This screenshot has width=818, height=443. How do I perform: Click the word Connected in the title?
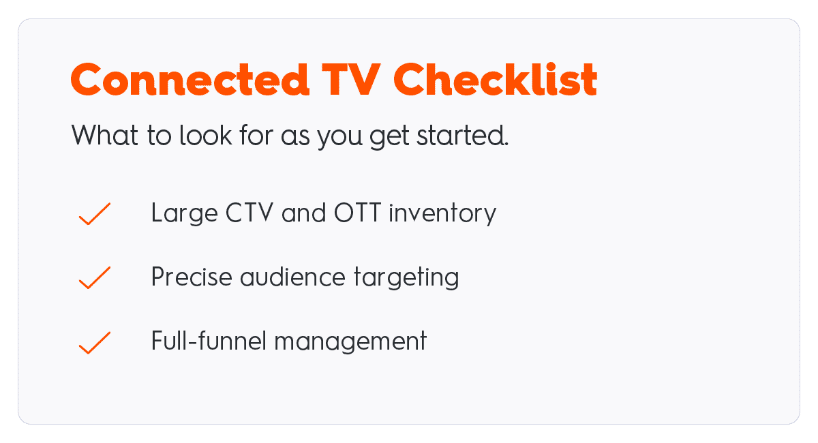click(190, 79)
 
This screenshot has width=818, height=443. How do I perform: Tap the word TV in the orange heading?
click(351, 79)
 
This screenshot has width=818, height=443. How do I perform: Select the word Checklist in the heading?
click(495, 79)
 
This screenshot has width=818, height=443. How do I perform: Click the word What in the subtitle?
click(104, 135)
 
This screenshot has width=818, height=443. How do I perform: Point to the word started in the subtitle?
click(462, 135)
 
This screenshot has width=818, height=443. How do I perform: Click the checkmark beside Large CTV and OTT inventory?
click(95, 213)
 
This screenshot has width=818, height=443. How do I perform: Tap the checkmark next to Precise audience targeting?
click(95, 277)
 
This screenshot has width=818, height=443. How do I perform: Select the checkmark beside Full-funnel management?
click(95, 343)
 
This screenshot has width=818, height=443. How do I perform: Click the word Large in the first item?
click(185, 213)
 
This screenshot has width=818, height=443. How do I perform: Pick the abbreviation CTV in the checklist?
click(249, 212)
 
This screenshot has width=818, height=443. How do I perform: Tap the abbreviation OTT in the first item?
click(357, 212)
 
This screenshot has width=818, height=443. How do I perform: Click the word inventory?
click(442, 213)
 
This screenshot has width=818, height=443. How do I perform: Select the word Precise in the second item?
click(192, 277)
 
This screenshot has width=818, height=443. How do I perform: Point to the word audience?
click(292, 277)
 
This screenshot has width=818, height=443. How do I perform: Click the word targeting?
click(406, 278)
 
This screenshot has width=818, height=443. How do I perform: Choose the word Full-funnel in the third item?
click(209, 340)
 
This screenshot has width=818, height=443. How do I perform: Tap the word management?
click(350, 342)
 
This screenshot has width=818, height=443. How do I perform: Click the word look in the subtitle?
click(206, 135)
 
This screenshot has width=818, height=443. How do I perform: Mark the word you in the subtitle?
click(339, 137)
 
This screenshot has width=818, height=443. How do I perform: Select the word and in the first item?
click(303, 212)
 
